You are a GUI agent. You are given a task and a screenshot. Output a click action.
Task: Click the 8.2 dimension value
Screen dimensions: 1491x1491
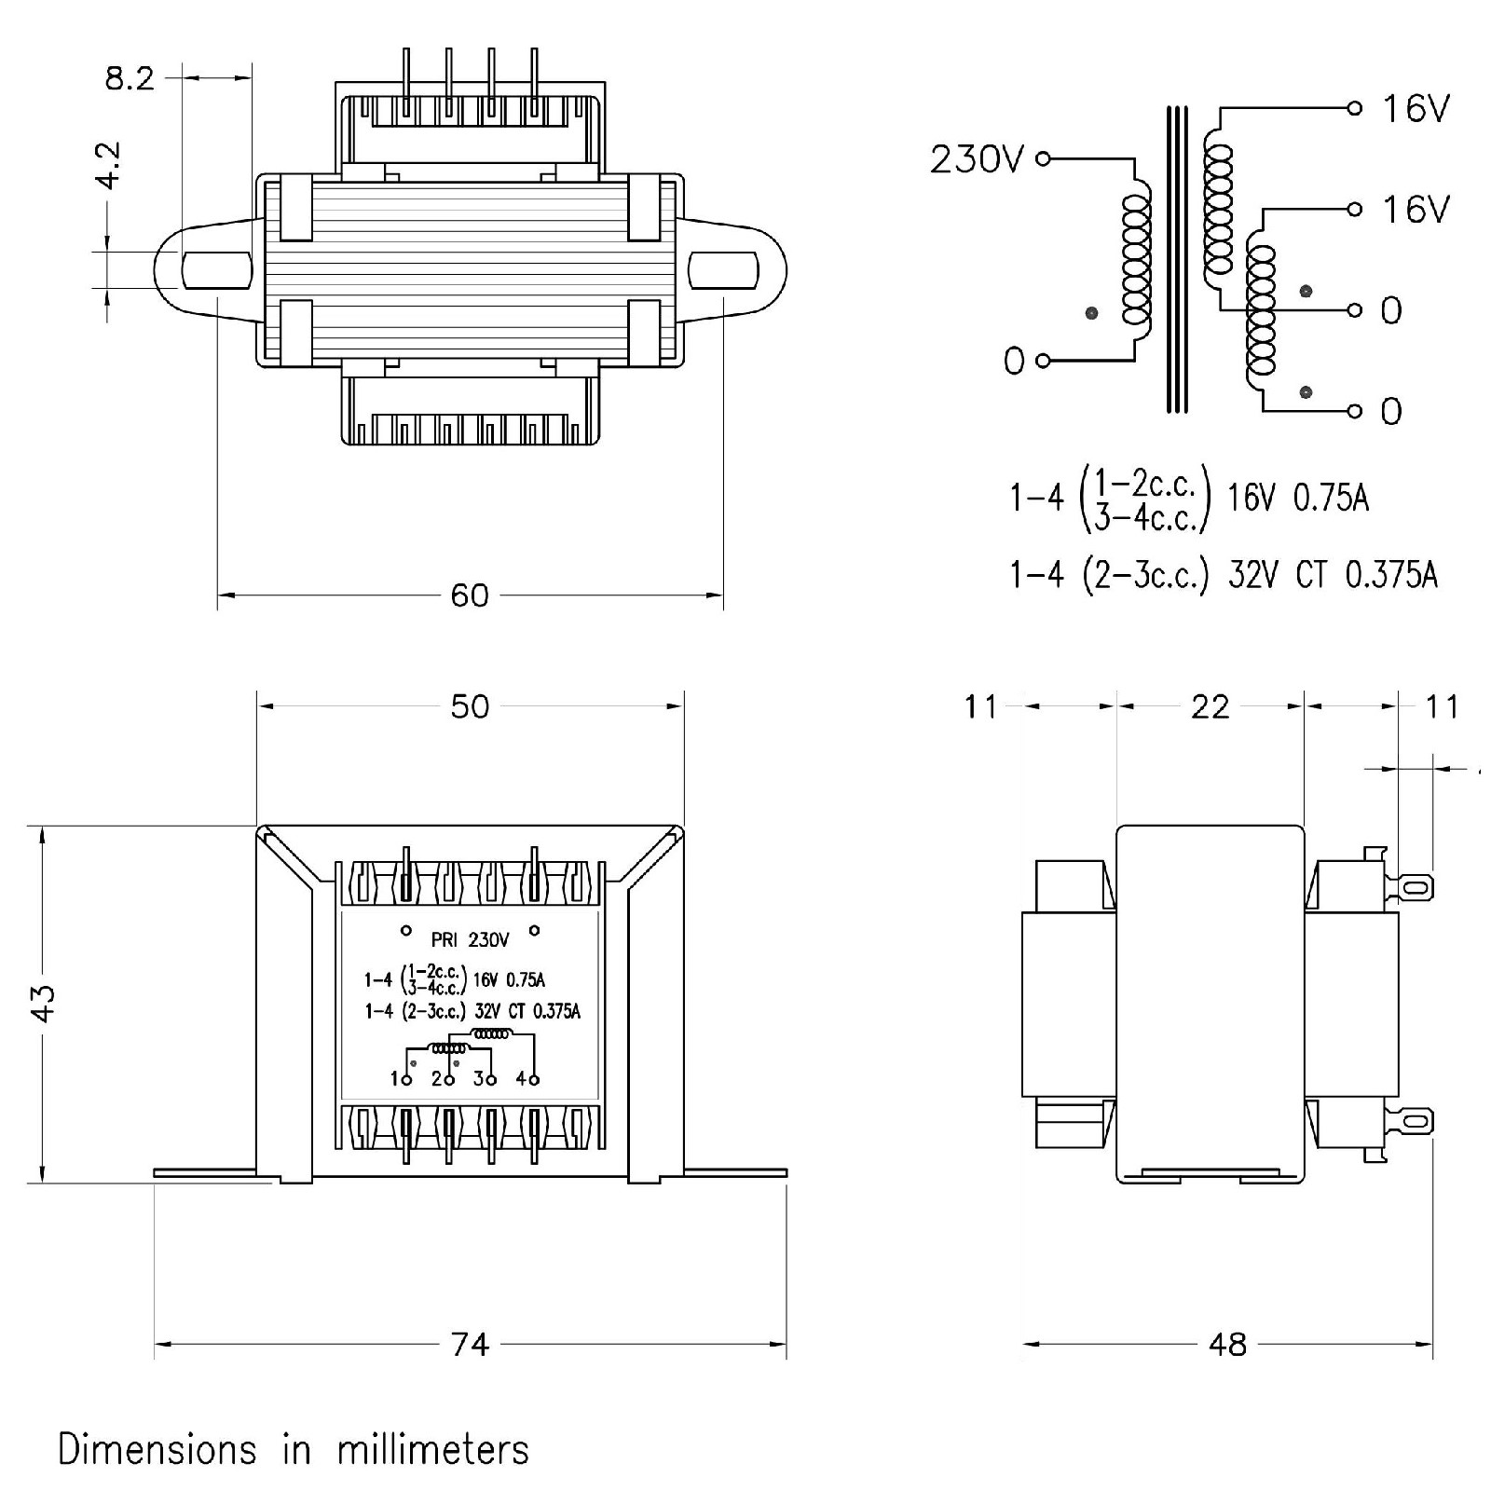pos(130,78)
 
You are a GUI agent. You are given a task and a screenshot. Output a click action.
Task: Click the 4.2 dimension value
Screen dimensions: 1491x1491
pos(110,165)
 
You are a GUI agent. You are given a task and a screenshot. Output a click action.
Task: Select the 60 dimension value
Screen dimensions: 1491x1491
pos(470,595)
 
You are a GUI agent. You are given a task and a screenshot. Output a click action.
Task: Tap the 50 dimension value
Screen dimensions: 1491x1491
pos(470,706)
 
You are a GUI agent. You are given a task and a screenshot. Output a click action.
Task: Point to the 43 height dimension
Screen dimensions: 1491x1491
pos(43,1003)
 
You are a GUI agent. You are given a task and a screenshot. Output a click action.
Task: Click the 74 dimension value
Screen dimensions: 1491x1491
pos(470,1345)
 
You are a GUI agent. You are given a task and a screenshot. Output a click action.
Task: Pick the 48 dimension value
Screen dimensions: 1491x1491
pos(1227,1345)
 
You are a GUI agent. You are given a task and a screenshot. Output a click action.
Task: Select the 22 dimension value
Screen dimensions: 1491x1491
pos(1210,707)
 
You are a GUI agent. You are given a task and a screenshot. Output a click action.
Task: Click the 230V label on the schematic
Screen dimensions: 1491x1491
pos(977,160)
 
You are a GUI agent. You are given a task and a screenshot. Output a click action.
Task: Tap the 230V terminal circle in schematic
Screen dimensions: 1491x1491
pos(1044,159)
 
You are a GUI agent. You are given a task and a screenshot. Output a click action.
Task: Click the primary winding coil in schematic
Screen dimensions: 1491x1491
pos(1138,260)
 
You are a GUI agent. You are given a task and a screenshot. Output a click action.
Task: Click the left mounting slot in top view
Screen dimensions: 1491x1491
pos(216,270)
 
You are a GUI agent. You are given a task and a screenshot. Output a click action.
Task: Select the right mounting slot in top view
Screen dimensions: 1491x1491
pos(723,270)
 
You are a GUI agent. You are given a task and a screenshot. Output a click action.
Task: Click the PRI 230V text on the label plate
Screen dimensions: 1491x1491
pos(471,940)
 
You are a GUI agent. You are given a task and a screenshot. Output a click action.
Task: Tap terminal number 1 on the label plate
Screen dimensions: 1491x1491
pos(396,1079)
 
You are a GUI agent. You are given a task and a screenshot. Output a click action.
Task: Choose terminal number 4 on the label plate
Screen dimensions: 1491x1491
pos(522,1079)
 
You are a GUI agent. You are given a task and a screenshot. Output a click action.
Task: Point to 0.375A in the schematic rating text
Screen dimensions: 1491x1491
pos(1391,575)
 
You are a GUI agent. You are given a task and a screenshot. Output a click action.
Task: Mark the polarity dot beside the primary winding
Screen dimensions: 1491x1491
pos(1091,313)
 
